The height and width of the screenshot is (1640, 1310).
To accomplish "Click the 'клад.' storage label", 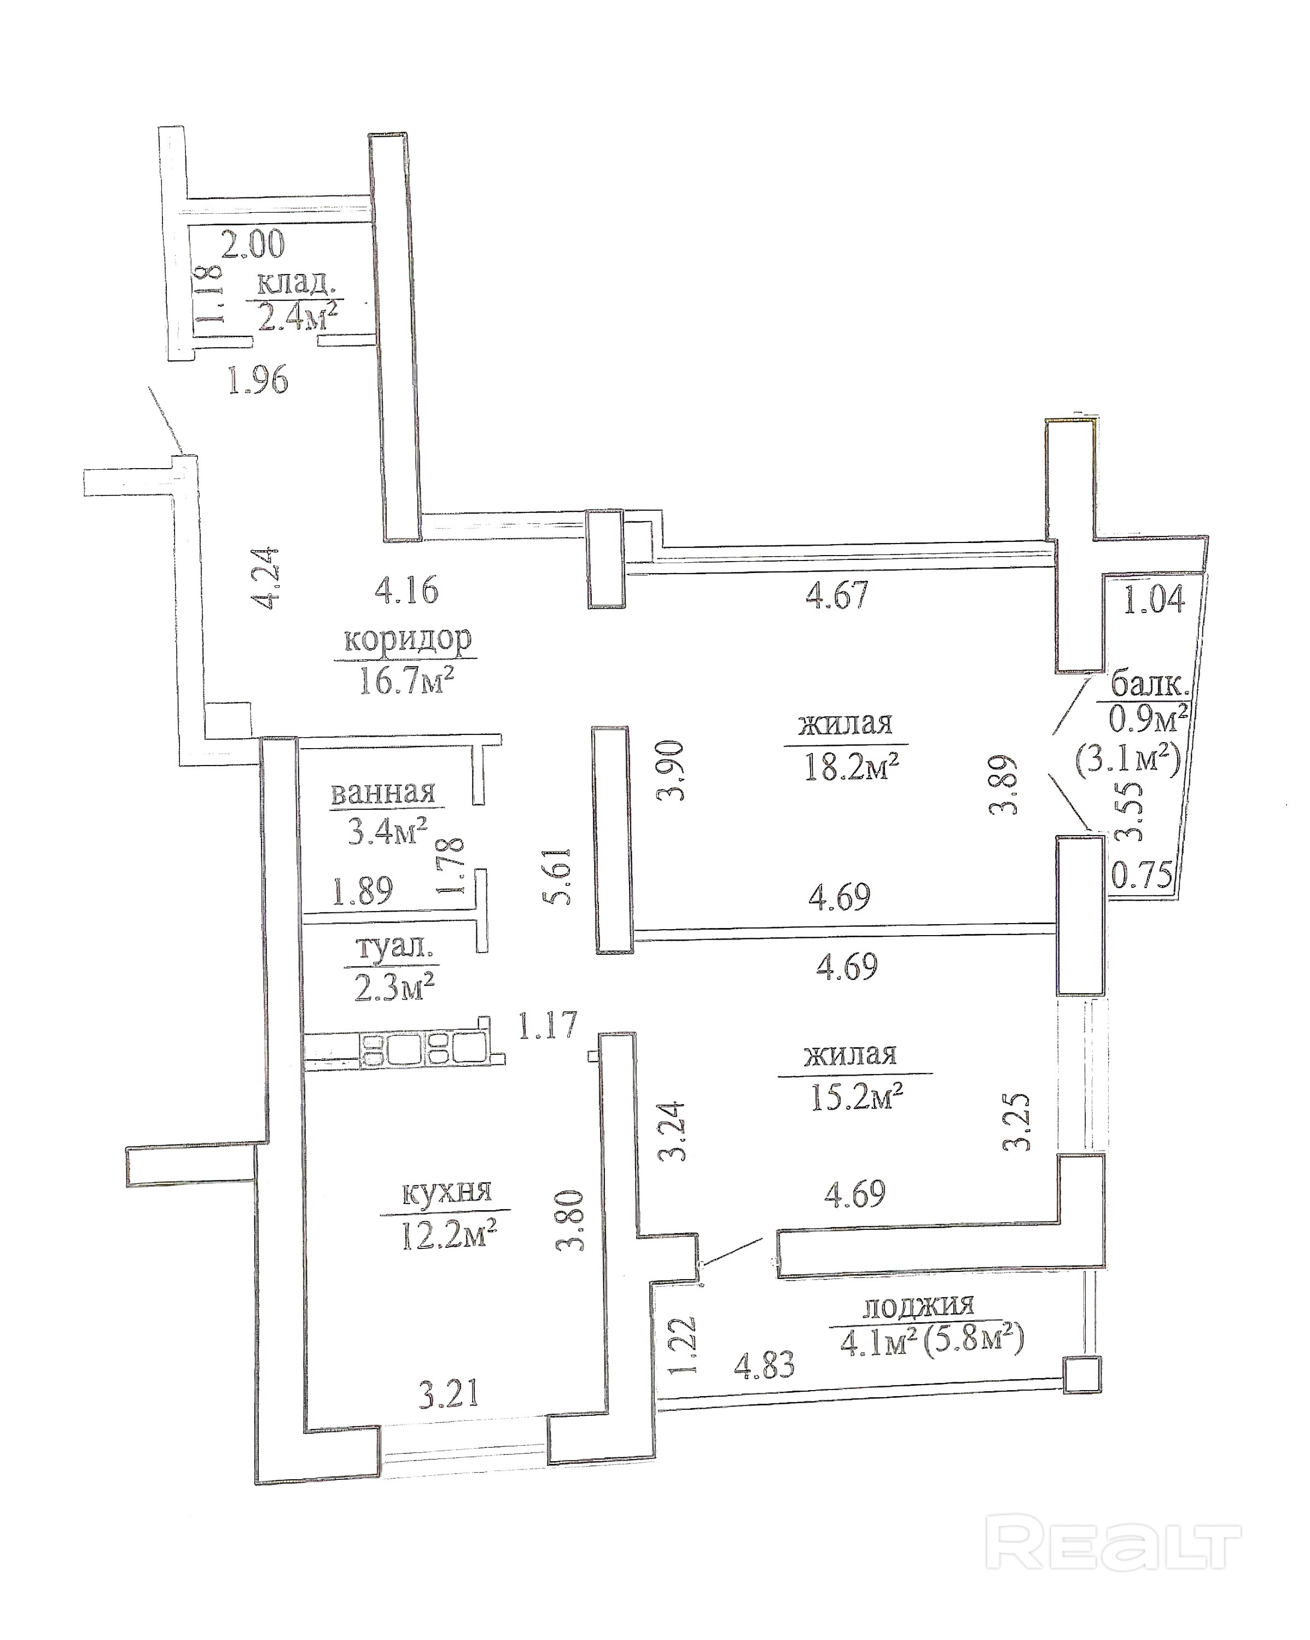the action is (295, 284).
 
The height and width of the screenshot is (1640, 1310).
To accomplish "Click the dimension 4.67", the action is (836, 594).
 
